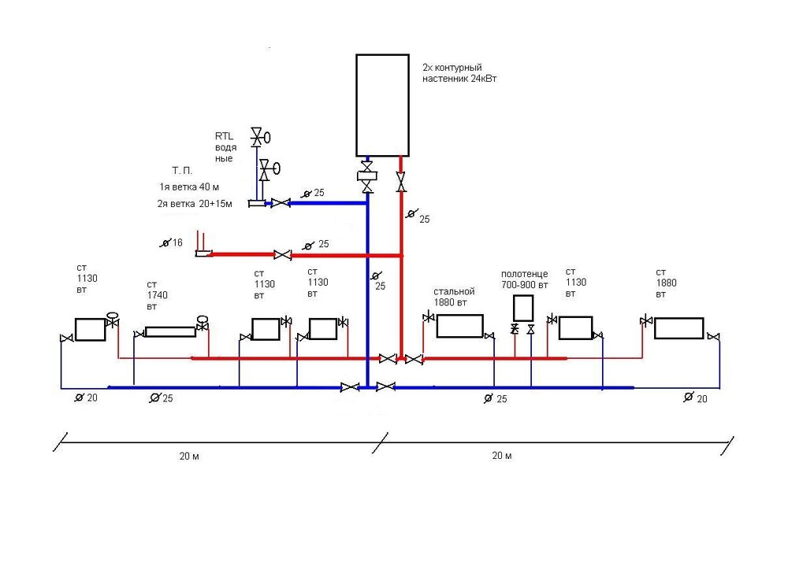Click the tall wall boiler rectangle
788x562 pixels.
pos(382,105)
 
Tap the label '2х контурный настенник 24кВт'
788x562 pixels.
pos(459,72)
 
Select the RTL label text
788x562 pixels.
pos(224,136)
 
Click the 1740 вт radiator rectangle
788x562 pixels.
pos(170,331)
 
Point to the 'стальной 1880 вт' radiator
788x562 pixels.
pos(459,326)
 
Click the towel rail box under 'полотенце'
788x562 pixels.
pos(523,308)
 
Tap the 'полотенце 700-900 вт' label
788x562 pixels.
pos(524,279)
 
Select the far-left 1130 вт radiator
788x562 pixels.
pos(90,329)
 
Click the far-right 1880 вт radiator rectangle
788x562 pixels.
pos(678,328)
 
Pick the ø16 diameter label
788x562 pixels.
pos(171,243)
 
